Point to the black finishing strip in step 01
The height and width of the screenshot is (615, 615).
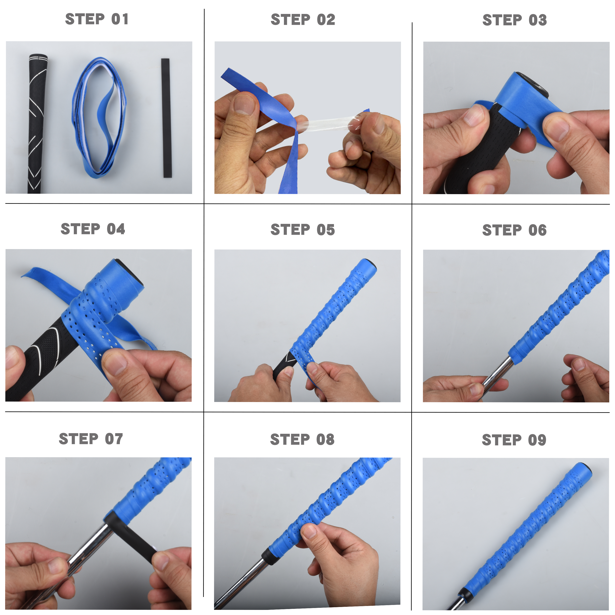(x=166, y=118)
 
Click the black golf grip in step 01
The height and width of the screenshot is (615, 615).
(x=37, y=124)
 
